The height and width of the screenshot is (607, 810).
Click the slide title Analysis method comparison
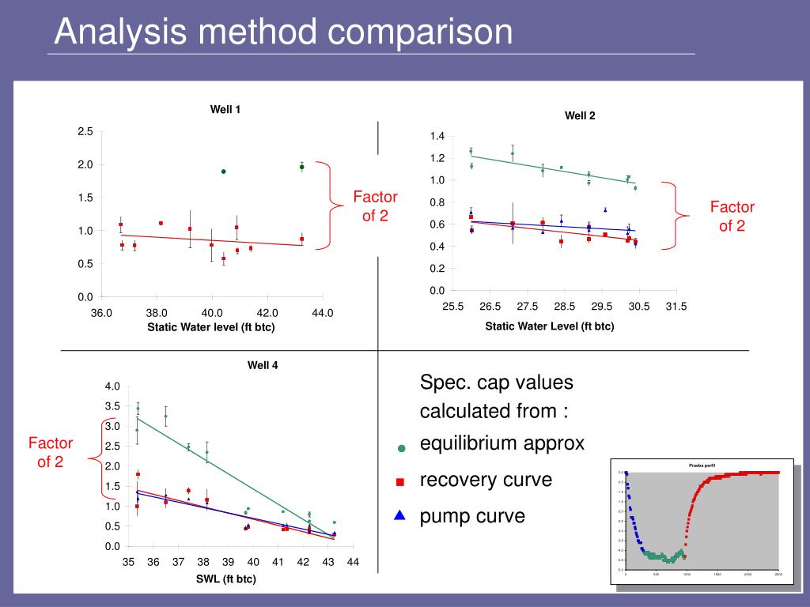[x=284, y=32]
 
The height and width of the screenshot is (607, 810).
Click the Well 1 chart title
[x=225, y=109]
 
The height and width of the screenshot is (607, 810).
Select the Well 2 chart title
[x=580, y=115]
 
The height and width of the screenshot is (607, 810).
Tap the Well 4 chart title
[x=263, y=365]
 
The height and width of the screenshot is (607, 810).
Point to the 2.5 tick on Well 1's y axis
[x=85, y=131]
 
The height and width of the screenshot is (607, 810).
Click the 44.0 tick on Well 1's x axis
[x=323, y=313]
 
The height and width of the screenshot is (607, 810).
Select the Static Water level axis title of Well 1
[x=211, y=327]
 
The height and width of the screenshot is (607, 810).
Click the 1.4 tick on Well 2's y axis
[x=437, y=137]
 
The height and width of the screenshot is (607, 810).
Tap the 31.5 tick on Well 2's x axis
[x=676, y=307]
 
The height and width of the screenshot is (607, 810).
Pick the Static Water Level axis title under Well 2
[x=550, y=326]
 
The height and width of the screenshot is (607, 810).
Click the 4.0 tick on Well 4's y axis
[x=112, y=386]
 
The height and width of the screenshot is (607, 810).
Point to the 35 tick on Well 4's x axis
[x=128, y=562]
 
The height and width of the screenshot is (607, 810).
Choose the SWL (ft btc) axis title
[x=226, y=579]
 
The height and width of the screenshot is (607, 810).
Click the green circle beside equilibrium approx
[x=401, y=448]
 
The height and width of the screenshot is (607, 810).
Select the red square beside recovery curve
[x=400, y=481]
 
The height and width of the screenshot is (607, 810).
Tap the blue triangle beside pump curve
[x=400, y=516]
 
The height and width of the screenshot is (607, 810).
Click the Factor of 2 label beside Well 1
[x=375, y=205]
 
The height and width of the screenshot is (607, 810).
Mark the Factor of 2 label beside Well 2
[x=732, y=216]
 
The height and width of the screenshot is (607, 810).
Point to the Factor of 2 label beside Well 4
[x=51, y=452]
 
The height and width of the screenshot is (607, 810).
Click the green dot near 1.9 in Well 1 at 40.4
[x=224, y=172]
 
